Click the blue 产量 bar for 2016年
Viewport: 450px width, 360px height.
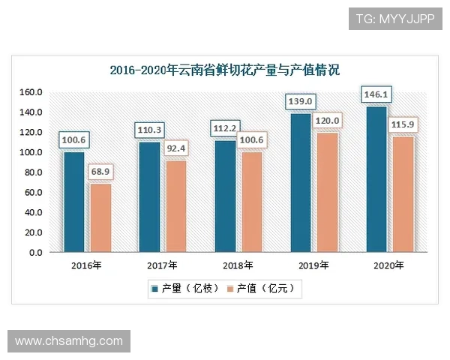point(74,202)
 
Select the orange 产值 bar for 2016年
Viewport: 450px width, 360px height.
point(100,218)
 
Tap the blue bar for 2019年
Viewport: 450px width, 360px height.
point(300,183)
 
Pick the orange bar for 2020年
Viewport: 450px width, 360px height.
point(402,194)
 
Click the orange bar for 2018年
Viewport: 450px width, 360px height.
point(250,202)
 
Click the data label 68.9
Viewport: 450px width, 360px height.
point(100,173)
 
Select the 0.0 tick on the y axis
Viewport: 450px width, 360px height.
point(35,253)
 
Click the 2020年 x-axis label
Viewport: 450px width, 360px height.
point(388,265)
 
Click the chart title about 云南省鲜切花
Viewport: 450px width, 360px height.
point(224,70)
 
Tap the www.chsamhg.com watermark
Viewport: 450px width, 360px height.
point(69,341)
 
